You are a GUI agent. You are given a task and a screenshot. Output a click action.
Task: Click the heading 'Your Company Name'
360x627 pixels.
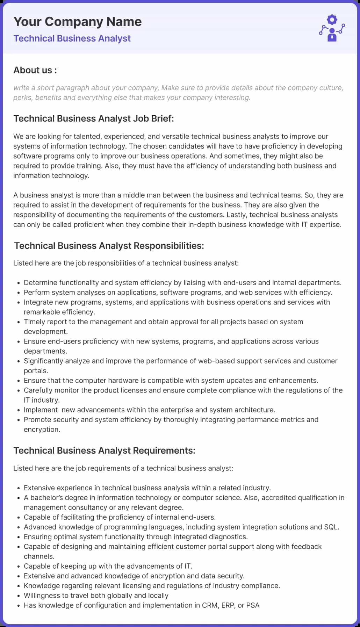pos(77,22)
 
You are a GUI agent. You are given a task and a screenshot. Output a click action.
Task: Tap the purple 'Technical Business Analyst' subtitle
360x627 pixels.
pos(72,38)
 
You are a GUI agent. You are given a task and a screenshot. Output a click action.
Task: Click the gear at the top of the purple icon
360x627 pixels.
pos(332,20)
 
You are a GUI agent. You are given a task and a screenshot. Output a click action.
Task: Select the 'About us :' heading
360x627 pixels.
pos(35,70)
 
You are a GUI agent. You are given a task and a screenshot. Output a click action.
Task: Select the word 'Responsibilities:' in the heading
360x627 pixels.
pos(169,246)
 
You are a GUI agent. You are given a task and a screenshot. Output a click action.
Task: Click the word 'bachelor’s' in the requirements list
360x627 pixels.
pos(48,498)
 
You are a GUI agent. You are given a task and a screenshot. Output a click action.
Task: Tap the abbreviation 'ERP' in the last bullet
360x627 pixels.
pos(228,605)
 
